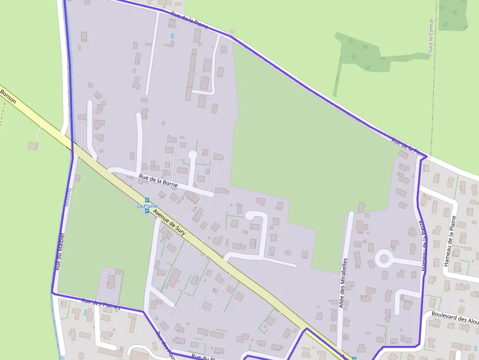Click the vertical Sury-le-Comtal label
coord(431,36)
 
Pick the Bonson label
coord(9,96)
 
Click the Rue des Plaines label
coord(101,304)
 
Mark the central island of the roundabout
coord(384,258)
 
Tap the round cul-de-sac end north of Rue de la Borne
coord(193,155)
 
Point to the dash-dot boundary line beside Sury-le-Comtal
coord(433,98)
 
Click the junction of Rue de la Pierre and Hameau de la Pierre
coord(423,157)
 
